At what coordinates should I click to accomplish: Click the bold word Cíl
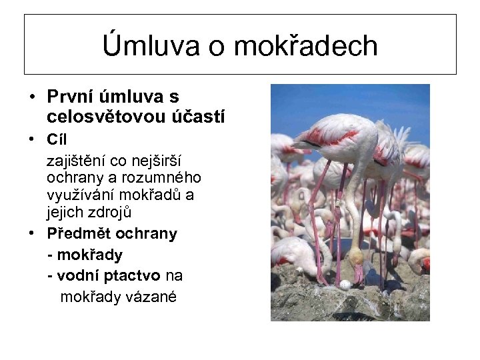[x=57, y=139]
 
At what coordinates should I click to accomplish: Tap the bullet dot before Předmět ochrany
[x=31, y=233]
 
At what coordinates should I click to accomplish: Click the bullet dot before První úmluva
[x=31, y=97]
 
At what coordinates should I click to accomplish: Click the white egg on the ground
[x=345, y=285]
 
